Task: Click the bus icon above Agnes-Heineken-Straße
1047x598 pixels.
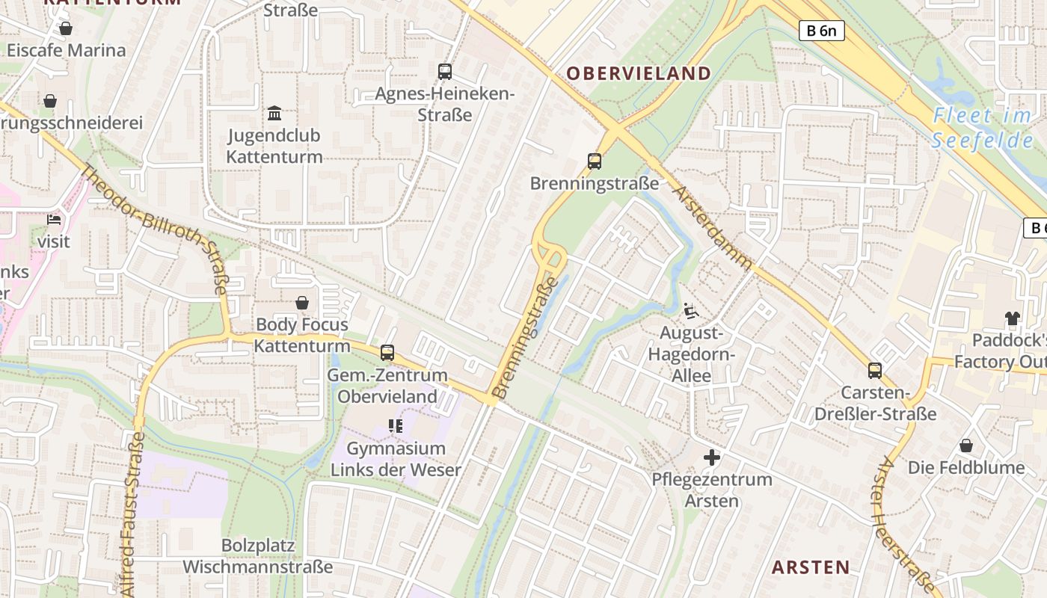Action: (x=445, y=72)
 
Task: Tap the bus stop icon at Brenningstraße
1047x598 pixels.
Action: (x=595, y=161)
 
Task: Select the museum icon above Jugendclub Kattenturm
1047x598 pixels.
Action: (x=274, y=114)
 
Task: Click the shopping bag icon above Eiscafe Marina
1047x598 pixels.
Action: (x=66, y=29)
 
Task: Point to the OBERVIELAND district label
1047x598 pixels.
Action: (x=638, y=73)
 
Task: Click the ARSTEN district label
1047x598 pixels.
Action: (x=811, y=567)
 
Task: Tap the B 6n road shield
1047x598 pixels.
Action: (x=822, y=31)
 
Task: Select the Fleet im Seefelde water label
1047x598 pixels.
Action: (x=982, y=128)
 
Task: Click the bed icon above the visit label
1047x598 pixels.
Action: (x=54, y=220)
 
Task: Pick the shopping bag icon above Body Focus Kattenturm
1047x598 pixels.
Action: (x=302, y=303)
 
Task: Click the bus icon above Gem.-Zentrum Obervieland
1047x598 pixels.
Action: (x=387, y=353)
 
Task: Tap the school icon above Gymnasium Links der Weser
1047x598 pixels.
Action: (x=396, y=426)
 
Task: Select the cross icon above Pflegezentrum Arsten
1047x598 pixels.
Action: (x=712, y=457)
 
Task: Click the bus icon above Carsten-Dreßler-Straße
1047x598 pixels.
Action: (x=875, y=370)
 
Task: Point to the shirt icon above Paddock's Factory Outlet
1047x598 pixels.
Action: (x=1013, y=318)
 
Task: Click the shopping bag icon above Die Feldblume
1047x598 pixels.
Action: (x=966, y=446)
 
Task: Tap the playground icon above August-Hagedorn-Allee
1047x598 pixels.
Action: (x=691, y=310)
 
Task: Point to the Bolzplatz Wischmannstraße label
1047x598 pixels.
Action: (x=257, y=556)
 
